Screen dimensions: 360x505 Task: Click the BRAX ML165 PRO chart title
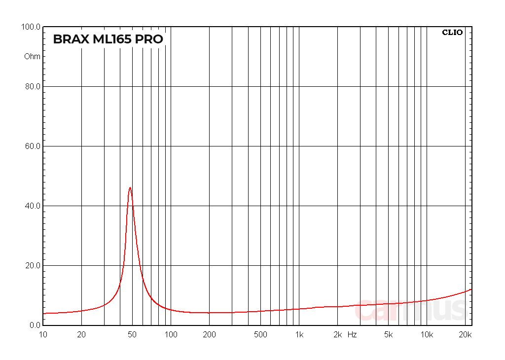tap(108, 39)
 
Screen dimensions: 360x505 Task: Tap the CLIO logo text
tap(452, 33)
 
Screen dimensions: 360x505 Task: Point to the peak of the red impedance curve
tap(130, 187)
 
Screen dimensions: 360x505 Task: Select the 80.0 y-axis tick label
tap(32, 87)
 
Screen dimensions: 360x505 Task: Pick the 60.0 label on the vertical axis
tap(32, 146)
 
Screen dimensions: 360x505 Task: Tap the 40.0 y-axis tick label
tap(32, 206)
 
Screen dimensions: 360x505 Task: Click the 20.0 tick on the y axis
tap(32, 266)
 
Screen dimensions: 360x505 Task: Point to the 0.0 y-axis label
tap(34, 325)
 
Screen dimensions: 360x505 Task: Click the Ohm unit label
tap(33, 56)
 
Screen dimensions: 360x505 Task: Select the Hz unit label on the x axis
tap(352, 335)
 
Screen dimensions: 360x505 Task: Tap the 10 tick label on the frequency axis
tap(43, 335)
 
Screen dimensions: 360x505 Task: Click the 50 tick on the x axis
tap(132, 335)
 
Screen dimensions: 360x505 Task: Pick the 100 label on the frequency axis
tap(171, 335)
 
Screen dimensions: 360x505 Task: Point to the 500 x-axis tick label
tap(260, 335)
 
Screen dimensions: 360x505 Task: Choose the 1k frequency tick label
tap(299, 335)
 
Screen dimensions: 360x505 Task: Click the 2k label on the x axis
tap(337, 335)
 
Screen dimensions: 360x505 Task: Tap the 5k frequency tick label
tap(389, 335)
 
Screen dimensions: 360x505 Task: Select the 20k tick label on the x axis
tap(465, 335)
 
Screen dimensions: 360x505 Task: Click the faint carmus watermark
tap(410, 310)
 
